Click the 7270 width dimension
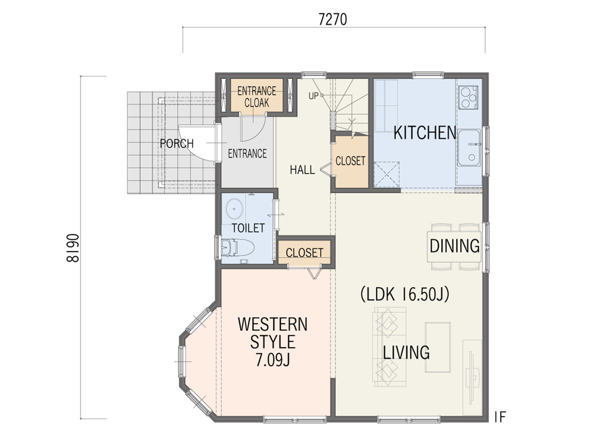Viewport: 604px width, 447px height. (333, 20)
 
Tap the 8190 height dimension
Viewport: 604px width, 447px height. (72, 248)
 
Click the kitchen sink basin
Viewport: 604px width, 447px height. (469, 148)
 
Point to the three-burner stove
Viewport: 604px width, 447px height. (468, 97)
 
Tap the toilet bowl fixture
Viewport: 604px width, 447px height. (238, 248)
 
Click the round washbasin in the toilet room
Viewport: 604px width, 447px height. (235, 209)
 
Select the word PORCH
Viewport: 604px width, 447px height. (177, 143)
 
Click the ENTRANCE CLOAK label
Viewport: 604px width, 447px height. (257, 97)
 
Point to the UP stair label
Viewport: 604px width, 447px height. (314, 96)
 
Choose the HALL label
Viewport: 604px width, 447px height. (303, 170)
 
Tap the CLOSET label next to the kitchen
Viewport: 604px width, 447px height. (350, 161)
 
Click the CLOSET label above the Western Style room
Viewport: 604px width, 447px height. (305, 253)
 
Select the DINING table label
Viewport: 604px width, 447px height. (455, 246)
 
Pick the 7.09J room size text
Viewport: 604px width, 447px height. (273, 359)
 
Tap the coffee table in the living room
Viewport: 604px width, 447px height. (438, 347)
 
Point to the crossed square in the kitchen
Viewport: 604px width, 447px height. (387, 175)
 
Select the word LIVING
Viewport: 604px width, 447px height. (406, 352)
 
